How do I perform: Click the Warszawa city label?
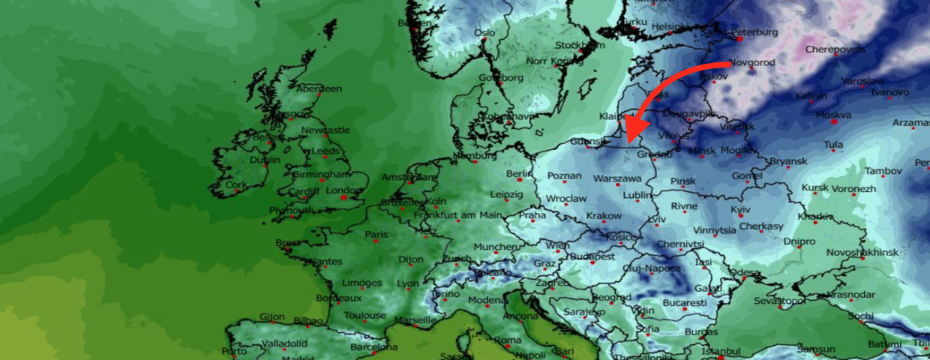point(617,179)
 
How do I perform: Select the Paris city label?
point(376,235)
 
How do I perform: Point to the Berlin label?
point(519,173)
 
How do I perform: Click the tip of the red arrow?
point(626,140)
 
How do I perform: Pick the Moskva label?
point(832,115)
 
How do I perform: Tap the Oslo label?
point(484,32)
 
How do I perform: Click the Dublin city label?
point(265,160)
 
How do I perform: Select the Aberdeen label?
point(319,88)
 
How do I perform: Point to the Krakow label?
point(604,216)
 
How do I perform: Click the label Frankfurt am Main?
point(457,215)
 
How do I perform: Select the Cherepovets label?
point(835,50)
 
